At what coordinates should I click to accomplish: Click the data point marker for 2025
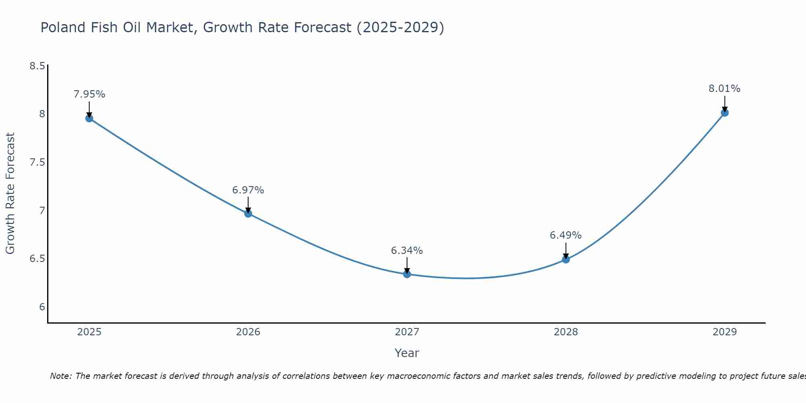89,118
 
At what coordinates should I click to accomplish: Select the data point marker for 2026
248,213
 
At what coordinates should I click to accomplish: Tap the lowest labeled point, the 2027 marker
407,274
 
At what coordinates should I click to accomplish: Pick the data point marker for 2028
566,259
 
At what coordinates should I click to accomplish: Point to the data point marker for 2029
725,112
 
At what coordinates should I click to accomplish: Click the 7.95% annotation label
89,94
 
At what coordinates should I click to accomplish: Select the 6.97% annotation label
248,190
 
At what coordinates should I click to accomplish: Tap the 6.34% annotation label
407,251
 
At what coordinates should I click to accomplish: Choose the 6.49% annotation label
566,235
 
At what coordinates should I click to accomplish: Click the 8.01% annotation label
725,89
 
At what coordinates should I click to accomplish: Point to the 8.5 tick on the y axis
37,66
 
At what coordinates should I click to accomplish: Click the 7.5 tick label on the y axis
37,162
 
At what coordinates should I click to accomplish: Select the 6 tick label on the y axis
42,307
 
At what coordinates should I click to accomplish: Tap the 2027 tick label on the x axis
407,332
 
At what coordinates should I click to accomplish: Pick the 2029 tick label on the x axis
725,332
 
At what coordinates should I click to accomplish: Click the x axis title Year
407,353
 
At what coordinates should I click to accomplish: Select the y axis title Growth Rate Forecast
10,193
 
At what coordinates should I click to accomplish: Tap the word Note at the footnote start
60,376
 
